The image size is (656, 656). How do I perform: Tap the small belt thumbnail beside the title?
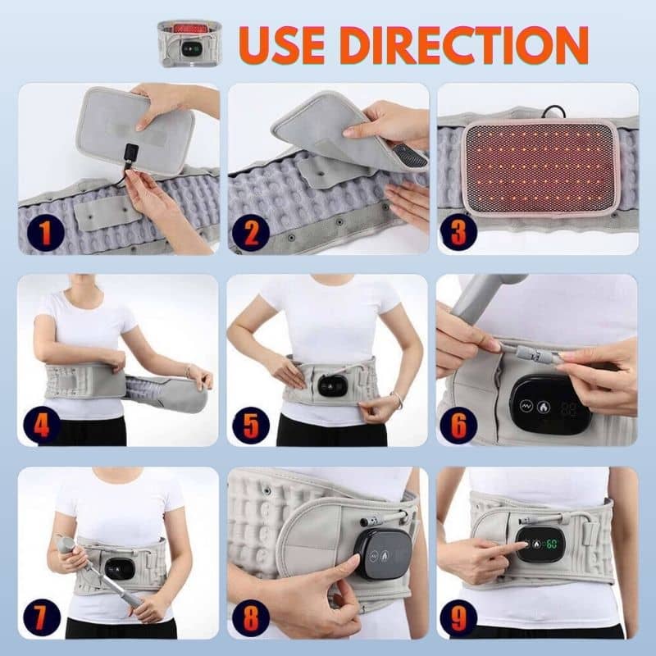[x=190, y=43]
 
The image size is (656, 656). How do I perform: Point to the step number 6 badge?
[x=458, y=425]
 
